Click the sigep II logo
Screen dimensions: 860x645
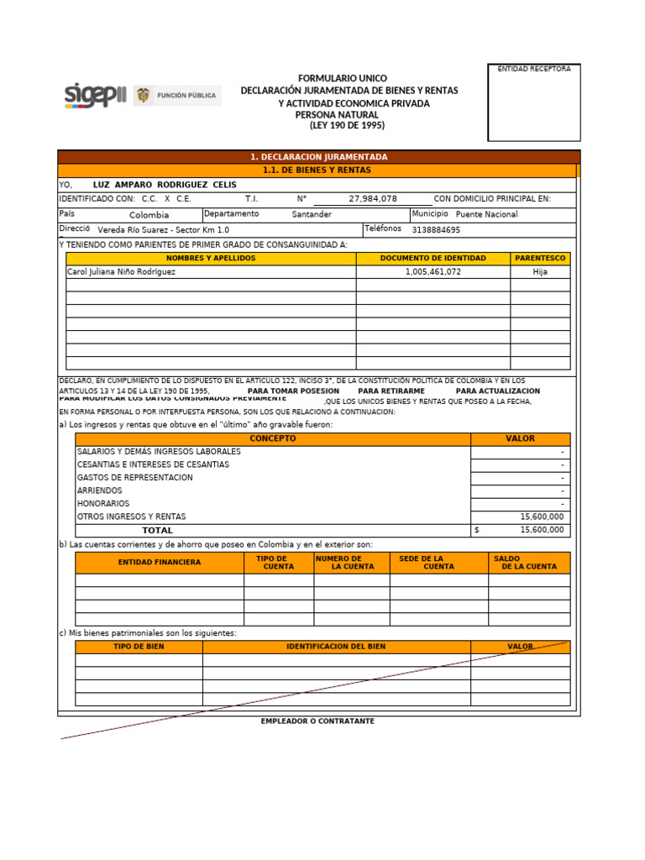click(95, 96)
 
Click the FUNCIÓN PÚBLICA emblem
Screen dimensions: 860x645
click(177, 96)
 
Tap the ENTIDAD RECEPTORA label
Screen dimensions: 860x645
click(534, 69)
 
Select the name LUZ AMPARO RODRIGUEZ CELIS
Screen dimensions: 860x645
click(165, 185)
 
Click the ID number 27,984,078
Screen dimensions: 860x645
click(373, 199)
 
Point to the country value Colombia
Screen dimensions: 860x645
click(149, 215)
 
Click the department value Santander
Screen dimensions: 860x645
click(312, 214)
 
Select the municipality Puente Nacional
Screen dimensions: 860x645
click(486, 214)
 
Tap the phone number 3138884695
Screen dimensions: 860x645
click(436, 230)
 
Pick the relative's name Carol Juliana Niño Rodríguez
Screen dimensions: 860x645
click(121, 272)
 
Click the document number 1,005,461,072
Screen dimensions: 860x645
click(433, 272)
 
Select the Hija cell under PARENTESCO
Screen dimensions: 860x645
click(540, 272)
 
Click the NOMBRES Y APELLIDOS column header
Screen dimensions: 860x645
click(211, 259)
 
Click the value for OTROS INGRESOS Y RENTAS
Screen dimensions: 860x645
click(542, 517)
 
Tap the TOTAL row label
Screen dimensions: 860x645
click(157, 531)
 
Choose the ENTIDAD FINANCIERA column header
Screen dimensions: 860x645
click(160, 563)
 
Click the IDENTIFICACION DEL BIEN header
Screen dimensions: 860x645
click(336, 648)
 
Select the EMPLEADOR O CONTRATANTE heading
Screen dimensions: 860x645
click(317, 721)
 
